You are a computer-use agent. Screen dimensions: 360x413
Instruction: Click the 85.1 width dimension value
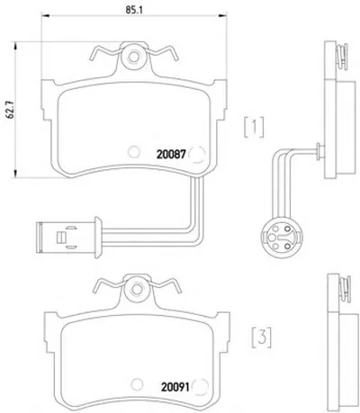coord(134,10)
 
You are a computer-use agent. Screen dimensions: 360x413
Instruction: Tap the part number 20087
coord(172,154)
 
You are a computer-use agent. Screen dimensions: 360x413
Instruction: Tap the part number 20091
coord(175,388)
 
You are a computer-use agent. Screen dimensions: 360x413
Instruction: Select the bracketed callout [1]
coord(254,128)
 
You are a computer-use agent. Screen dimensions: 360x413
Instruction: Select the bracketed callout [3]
coord(261,338)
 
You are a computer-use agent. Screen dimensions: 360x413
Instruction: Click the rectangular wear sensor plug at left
coord(68,238)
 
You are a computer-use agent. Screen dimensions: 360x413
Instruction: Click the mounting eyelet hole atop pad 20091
coord(138,288)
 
